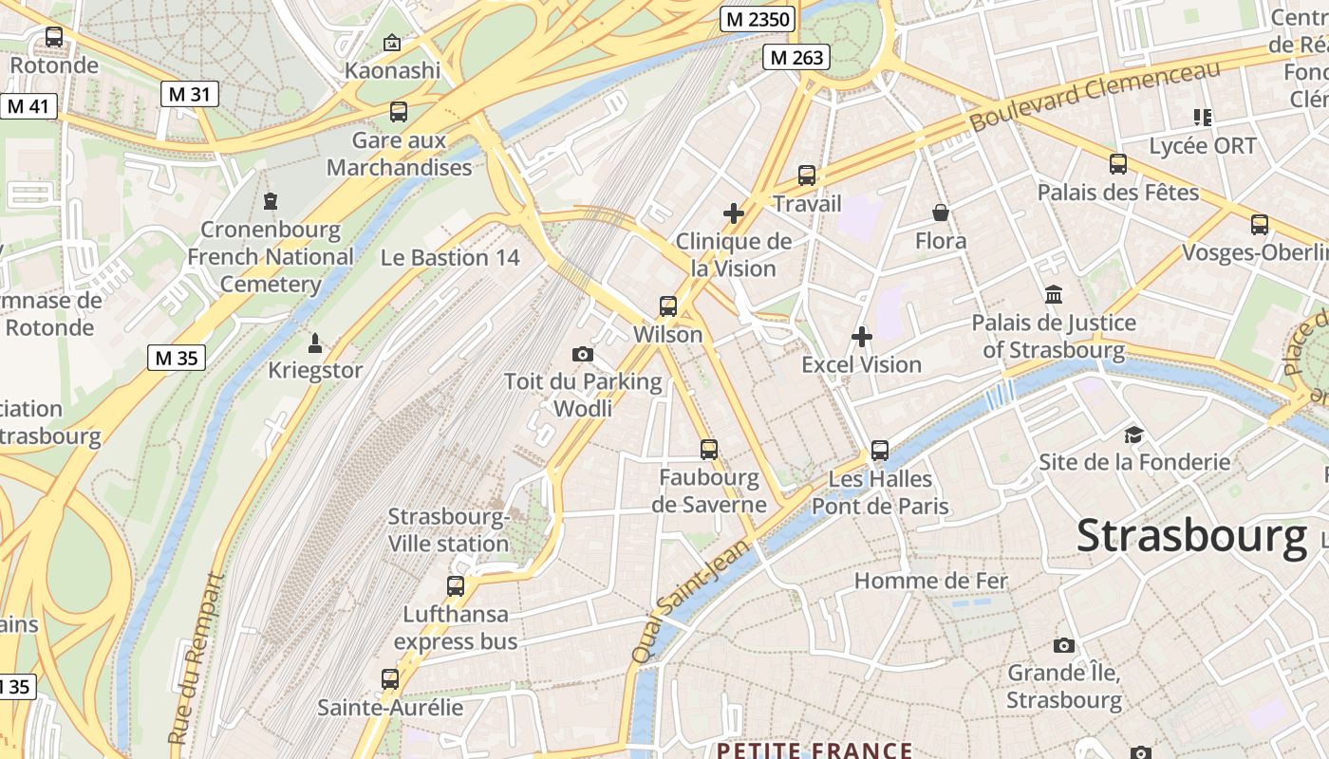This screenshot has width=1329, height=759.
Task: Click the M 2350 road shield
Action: click(757, 19)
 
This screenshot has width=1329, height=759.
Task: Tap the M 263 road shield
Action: click(796, 57)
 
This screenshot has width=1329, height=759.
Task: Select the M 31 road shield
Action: click(189, 93)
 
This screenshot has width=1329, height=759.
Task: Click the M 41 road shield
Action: click(28, 105)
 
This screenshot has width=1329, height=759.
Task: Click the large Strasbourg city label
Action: click(1191, 536)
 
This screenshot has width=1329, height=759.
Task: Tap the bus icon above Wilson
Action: click(668, 306)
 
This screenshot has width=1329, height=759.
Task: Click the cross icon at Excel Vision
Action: click(862, 337)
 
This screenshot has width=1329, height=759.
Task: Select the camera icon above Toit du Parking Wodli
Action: click(583, 355)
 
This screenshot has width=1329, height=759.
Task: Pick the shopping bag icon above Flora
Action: click(941, 213)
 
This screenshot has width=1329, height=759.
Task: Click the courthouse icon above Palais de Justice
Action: click(1053, 294)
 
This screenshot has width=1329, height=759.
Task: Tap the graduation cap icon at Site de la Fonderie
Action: click(1133, 435)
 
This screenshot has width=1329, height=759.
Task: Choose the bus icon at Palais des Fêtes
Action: click(1118, 164)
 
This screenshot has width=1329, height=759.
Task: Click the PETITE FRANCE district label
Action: click(814, 750)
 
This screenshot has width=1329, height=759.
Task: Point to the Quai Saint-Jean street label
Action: click(690, 603)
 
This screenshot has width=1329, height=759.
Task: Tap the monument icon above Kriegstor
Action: click(315, 343)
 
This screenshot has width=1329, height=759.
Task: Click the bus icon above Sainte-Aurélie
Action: click(390, 679)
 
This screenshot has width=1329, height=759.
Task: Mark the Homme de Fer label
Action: click(931, 581)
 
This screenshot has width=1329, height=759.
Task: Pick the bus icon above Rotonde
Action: click(54, 38)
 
